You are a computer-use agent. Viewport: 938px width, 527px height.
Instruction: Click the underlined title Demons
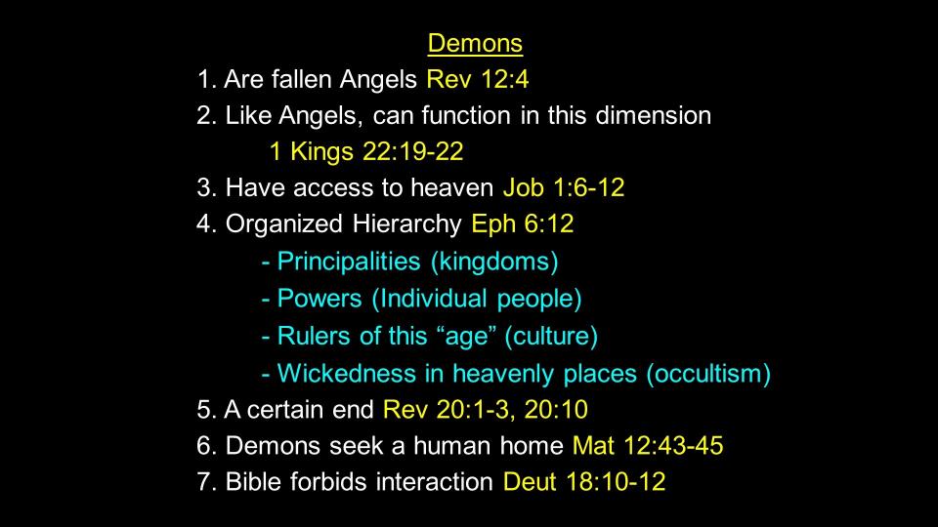[475, 44]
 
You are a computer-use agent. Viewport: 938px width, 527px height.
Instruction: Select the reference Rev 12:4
[478, 79]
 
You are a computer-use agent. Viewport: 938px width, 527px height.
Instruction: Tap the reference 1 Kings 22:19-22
[366, 152]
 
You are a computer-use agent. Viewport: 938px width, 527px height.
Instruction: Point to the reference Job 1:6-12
[564, 187]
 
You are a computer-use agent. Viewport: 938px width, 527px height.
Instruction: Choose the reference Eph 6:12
[522, 224]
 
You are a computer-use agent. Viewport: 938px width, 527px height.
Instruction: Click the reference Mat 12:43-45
[648, 446]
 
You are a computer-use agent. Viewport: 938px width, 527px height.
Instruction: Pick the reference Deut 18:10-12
[584, 481]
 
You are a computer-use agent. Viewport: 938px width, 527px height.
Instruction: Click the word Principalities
[349, 263]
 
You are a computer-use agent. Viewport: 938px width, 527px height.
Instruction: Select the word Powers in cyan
[320, 299]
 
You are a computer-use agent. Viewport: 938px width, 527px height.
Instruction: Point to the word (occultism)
[708, 374]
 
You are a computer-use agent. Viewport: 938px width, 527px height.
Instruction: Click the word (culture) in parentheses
[551, 337]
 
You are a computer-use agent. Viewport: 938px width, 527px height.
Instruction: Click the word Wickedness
[346, 374]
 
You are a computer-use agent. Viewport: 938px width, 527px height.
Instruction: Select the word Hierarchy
[406, 224]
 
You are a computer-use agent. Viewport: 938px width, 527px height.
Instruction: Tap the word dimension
[654, 115]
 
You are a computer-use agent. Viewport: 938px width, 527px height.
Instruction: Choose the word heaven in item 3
[451, 187]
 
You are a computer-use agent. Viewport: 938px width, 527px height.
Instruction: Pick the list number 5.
[203, 410]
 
